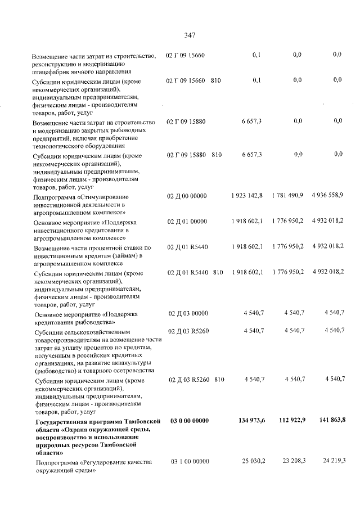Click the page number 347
tap(190, 35)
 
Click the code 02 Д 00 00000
tap(188, 195)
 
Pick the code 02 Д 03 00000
tap(188, 313)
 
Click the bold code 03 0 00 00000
tap(190, 421)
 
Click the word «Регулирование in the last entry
tap(106, 462)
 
